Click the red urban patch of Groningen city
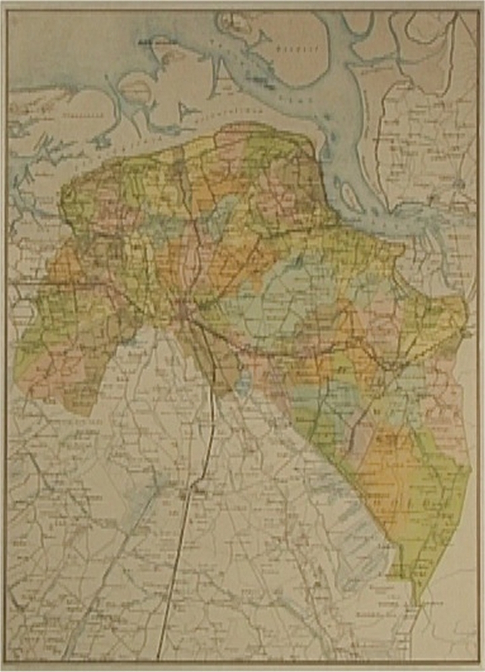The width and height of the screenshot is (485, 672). (185, 311)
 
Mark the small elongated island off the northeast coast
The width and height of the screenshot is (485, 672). (348, 196)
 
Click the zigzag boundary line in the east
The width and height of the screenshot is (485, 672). (431, 350)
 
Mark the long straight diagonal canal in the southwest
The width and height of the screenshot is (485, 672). (108, 572)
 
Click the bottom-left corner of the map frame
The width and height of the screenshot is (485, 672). (8, 663)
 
